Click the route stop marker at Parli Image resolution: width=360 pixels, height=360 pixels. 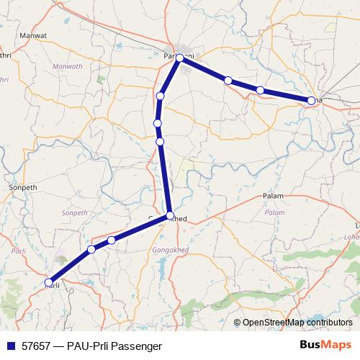(x=49, y=282)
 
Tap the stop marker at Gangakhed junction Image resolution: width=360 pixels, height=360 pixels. (x=170, y=215)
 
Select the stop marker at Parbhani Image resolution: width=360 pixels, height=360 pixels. (x=180, y=59)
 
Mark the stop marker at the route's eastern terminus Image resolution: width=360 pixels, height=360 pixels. (x=311, y=101)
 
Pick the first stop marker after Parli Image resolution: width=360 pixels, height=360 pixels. (x=91, y=249)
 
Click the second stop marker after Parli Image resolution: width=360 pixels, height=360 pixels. (x=112, y=240)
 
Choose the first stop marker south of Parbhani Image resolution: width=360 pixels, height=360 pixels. (x=161, y=96)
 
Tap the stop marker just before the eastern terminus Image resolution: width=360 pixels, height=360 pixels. (x=260, y=90)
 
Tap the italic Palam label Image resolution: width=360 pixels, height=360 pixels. (x=275, y=213)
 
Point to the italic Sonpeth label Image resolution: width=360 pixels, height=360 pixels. (x=74, y=213)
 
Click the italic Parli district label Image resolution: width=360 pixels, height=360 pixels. (x=19, y=251)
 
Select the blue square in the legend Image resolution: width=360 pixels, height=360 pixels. (x=10, y=346)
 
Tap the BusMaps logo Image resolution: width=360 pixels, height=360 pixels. (x=325, y=346)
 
